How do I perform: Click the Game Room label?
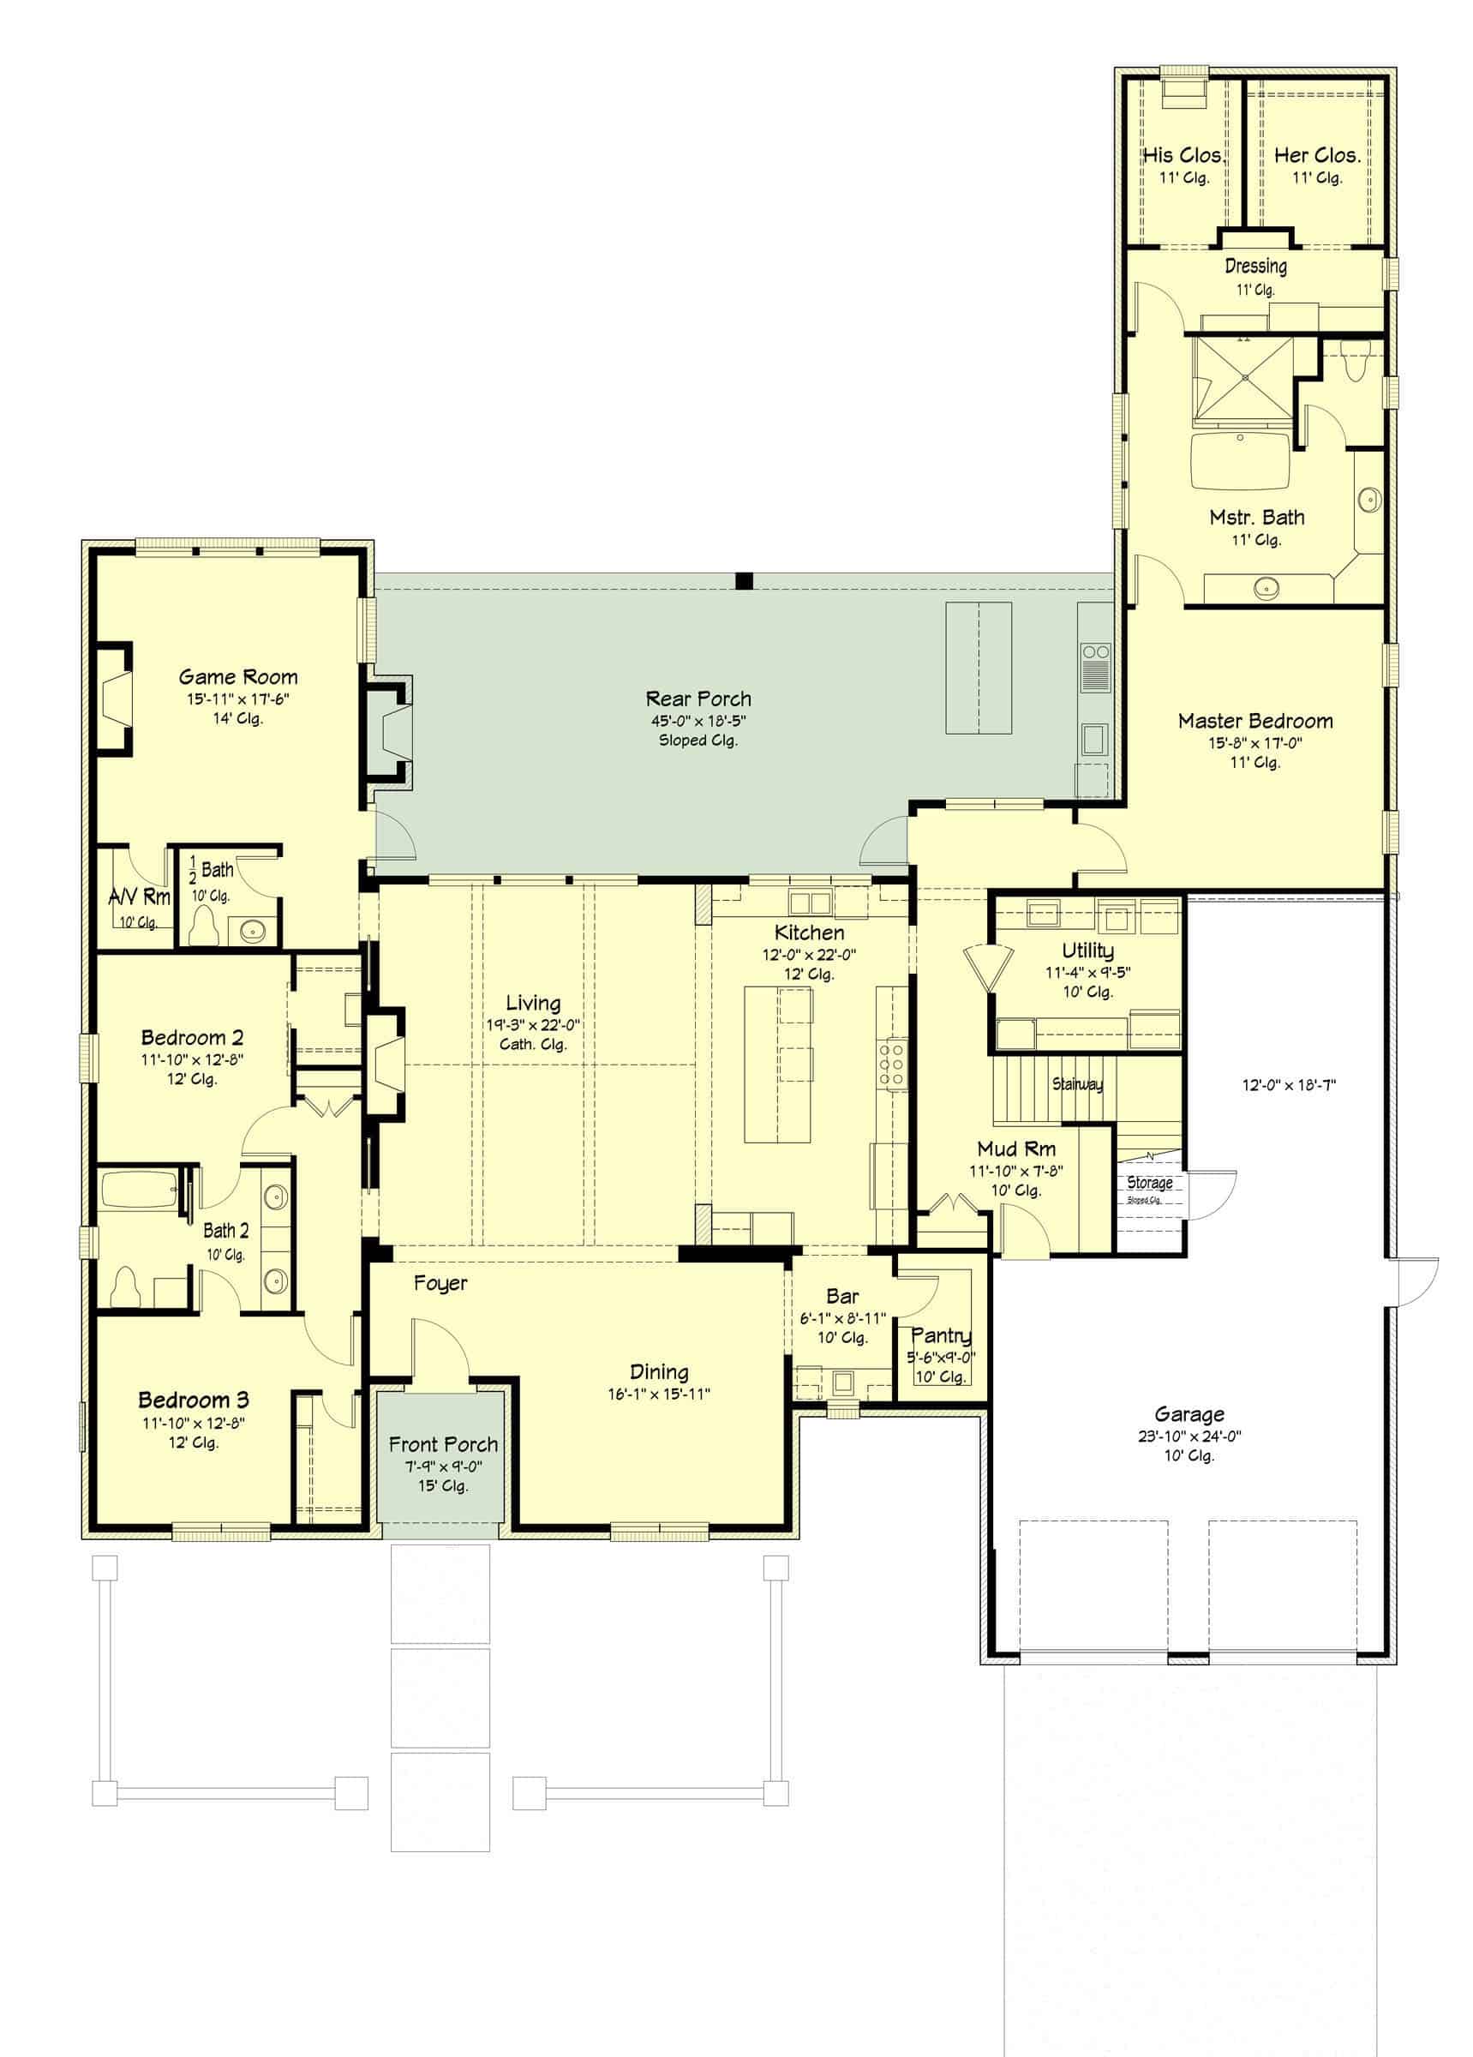237,676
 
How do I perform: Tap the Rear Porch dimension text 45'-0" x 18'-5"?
698,721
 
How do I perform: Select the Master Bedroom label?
1255,721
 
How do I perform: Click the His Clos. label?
1183,155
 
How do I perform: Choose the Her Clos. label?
1317,155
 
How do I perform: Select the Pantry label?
941,1336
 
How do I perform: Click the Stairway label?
1077,1084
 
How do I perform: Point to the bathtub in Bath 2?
139,1190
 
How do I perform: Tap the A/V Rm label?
139,897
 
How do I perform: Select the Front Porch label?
443,1445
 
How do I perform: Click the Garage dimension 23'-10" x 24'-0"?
1189,1436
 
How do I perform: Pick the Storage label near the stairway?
1149,1183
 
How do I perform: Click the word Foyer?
440,1283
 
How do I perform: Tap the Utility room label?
1087,951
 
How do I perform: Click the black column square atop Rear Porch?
744,581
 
